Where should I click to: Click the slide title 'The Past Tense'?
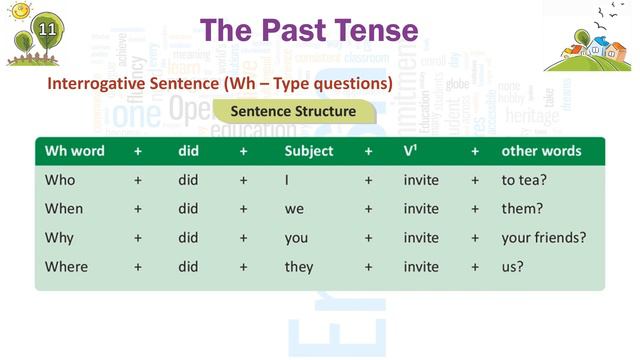tap(307, 30)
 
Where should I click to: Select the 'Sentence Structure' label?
tap(293, 111)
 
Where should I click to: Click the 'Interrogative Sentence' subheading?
tap(219, 83)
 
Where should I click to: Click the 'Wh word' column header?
tap(75, 152)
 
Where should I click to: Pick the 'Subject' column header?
tap(309, 152)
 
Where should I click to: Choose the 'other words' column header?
tap(541, 152)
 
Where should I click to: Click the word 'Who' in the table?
tap(60, 180)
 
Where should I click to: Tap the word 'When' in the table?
tap(64, 209)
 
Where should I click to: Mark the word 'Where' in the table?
tap(66, 267)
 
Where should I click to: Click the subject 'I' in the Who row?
tap(287, 180)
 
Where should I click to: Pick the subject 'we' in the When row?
tap(294, 209)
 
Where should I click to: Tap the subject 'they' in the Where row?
tap(299, 267)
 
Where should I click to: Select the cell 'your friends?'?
tap(543, 238)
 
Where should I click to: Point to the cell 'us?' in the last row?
tap(513, 267)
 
